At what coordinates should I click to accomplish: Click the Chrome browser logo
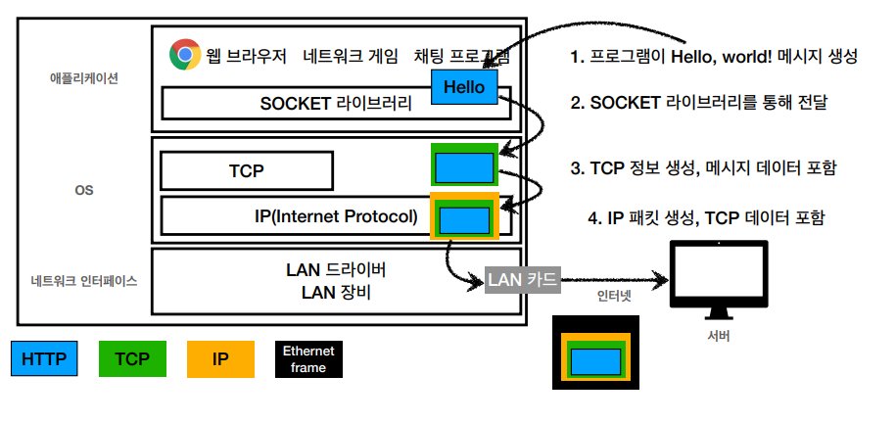click(185, 54)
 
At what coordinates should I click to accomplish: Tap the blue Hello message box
click(464, 87)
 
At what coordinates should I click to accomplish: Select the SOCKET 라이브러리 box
click(336, 103)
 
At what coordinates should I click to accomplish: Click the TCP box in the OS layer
click(247, 170)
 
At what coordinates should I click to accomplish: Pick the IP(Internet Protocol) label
click(337, 216)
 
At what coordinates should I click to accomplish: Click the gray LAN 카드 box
click(522, 279)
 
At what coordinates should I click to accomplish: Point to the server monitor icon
click(719, 280)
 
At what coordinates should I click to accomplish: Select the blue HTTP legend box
click(44, 359)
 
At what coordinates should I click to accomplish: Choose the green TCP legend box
click(132, 359)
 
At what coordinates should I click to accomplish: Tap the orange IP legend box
click(220, 359)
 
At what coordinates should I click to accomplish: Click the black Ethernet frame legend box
click(308, 359)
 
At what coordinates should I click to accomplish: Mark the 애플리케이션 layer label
click(84, 79)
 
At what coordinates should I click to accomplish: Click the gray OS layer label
click(84, 190)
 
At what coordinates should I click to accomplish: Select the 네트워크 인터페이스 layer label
click(84, 281)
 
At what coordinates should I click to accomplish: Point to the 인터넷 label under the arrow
click(614, 296)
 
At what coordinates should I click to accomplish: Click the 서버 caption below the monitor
click(719, 336)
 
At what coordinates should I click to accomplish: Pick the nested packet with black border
click(595, 352)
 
